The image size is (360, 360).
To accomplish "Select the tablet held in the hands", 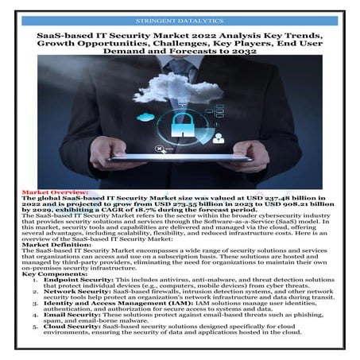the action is (180, 157).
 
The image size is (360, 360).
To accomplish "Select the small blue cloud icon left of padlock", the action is (144, 118).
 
